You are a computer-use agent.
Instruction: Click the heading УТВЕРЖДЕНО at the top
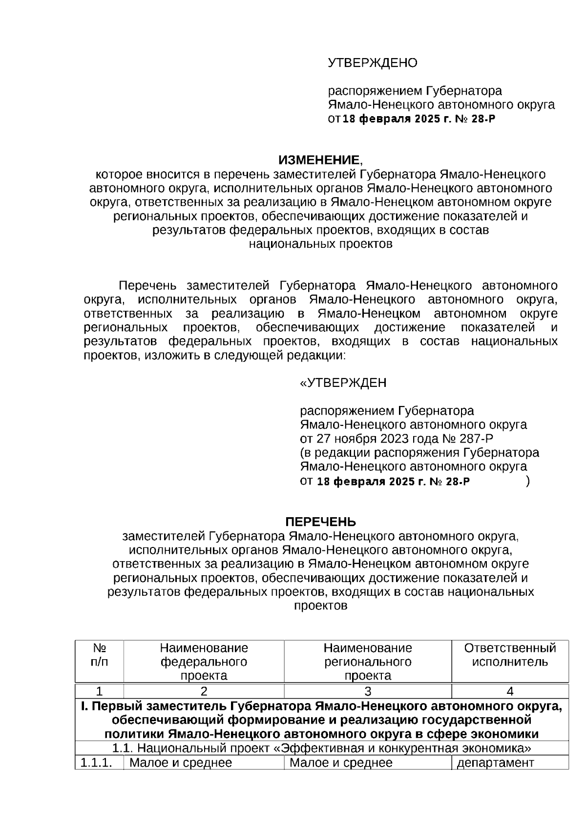point(372,63)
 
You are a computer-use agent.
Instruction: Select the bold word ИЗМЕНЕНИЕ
point(318,160)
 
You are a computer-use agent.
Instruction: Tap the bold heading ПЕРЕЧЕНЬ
point(320,522)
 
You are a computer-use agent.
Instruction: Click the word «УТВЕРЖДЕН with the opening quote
point(343,383)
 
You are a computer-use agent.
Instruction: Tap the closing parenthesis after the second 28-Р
point(527,482)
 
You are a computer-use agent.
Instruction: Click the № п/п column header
point(100,655)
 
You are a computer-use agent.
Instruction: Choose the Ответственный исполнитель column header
point(510,655)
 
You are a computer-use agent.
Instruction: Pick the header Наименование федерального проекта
point(204,662)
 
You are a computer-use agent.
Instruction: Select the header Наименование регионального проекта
point(368,662)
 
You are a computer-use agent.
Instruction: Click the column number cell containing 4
point(510,691)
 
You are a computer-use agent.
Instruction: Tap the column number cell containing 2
point(204,691)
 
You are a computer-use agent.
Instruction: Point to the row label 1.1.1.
point(96,763)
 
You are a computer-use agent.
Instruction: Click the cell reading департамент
point(495,763)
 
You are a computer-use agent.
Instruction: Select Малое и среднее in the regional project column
point(341,763)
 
